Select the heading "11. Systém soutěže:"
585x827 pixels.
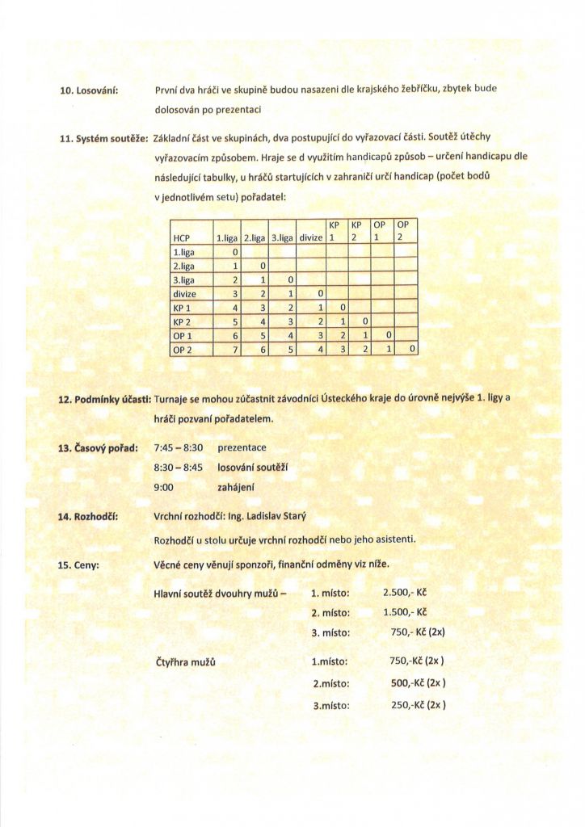(x=100, y=139)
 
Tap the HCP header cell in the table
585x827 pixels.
(x=182, y=238)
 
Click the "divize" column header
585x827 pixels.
(x=310, y=238)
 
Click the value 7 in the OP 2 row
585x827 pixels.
(x=234, y=349)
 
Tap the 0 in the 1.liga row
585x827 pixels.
(x=234, y=252)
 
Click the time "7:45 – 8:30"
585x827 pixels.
(x=178, y=447)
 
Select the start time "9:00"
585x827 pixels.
(x=164, y=487)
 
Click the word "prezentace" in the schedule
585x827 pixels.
(x=242, y=447)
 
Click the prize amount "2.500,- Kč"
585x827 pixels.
(x=404, y=593)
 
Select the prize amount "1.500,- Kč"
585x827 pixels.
(x=404, y=612)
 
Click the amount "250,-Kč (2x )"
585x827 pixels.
(x=418, y=704)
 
